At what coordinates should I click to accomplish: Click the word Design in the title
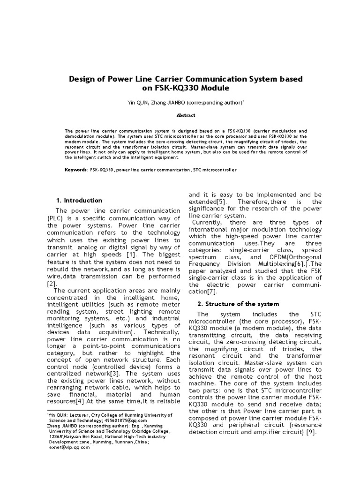pos(84,78)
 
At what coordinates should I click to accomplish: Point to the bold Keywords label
pos(75,169)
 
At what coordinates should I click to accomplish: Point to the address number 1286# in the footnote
pos(59,436)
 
